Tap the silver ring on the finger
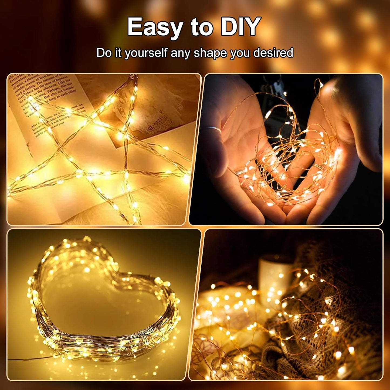[x=213, y=129]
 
